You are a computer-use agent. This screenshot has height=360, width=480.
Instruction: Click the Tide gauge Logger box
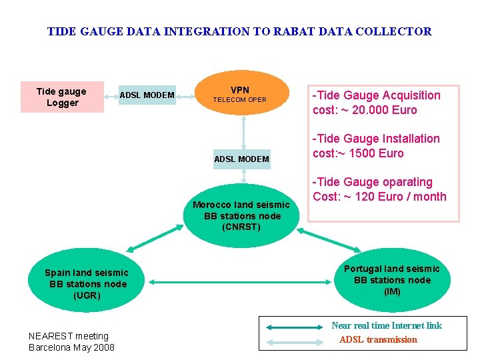62,97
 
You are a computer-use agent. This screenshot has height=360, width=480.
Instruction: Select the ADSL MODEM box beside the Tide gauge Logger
147,95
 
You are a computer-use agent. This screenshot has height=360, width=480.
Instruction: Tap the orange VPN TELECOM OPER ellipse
240,95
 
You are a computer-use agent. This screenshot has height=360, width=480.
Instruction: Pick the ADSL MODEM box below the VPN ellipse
241,159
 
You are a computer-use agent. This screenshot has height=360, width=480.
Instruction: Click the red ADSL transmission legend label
378,339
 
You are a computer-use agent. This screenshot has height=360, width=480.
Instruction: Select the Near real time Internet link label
387,325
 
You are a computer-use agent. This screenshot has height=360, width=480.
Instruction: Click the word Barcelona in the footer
53,347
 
